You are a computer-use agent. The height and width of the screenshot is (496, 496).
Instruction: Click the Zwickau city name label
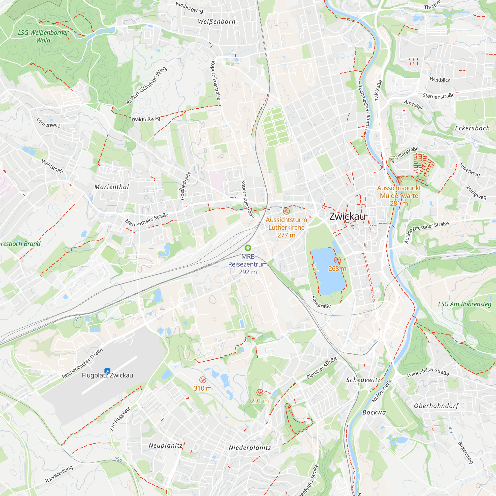[347, 217]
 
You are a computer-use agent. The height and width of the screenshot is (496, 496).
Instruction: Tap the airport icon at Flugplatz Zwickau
[107, 371]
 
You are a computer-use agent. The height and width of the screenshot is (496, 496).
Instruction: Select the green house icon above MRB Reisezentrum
[248, 248]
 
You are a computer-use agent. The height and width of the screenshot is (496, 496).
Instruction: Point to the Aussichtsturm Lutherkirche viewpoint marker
[286, 211]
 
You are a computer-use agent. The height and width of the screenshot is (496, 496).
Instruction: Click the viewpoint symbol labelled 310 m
[203, 380]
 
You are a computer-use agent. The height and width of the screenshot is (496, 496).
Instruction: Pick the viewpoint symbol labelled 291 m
[260, 392]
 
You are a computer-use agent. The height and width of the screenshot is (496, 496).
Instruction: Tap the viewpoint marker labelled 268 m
[337, 260]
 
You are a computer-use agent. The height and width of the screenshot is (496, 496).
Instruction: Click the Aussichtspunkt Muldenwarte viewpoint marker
[399, 179]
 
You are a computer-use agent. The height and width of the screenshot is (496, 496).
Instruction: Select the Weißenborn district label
[217, 22]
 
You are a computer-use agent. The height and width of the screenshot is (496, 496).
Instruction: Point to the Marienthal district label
[112, 187]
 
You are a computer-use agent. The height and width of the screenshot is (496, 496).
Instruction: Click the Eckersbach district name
[472, 128]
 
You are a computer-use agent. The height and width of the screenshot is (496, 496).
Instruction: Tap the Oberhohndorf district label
[436, 406]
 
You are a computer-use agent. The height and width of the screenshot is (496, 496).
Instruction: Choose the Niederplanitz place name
[250, 448]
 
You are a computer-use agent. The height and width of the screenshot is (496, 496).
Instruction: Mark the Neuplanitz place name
[166, 445]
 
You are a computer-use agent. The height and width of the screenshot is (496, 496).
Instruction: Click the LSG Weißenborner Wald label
[43, 36]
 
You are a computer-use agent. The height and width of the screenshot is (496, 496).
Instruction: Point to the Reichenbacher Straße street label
[82, 363]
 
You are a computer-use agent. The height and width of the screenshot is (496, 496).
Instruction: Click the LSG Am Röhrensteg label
[465, 304]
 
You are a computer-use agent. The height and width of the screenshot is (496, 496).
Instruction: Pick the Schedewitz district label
[363, 380]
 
